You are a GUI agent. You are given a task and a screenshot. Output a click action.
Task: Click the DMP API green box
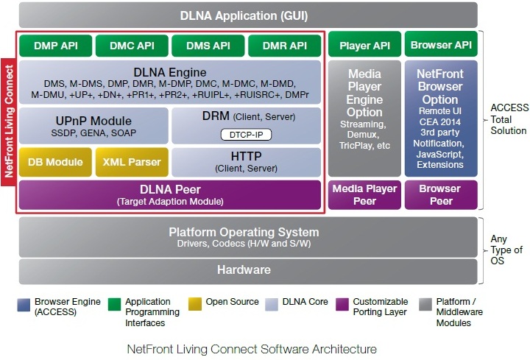click(55, 46)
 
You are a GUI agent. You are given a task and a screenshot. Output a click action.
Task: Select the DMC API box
click(132, 46)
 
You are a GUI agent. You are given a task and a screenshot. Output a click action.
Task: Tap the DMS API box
click(208, 46)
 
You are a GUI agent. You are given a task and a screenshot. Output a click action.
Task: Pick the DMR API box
click(284, 46)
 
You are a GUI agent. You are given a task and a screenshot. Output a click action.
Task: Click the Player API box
click(364, 44)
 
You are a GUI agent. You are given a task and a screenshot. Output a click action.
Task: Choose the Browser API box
click(441, 44)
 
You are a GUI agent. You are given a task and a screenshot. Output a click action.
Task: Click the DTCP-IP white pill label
click(246, 135)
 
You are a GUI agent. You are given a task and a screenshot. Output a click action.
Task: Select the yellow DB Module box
click(55, 162)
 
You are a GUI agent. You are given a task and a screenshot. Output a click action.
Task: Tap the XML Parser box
click(132, 162)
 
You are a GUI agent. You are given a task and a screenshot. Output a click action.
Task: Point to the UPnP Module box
click(93, 126)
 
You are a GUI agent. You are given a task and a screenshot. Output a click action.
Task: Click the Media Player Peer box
click(364, 194)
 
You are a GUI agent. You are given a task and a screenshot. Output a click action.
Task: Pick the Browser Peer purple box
click(441, 194)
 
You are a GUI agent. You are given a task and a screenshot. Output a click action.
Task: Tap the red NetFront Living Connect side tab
click(8, 121)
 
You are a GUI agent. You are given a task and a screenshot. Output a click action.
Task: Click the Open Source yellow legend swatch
click(195, 304)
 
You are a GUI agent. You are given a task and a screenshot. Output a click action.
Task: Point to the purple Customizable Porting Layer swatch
click(342, 304)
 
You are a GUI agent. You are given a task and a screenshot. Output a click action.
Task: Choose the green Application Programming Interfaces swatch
click(114, 304)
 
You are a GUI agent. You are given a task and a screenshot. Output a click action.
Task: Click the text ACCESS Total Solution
click(509, 119)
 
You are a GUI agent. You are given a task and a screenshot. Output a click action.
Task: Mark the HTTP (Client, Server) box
click(246, 162)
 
